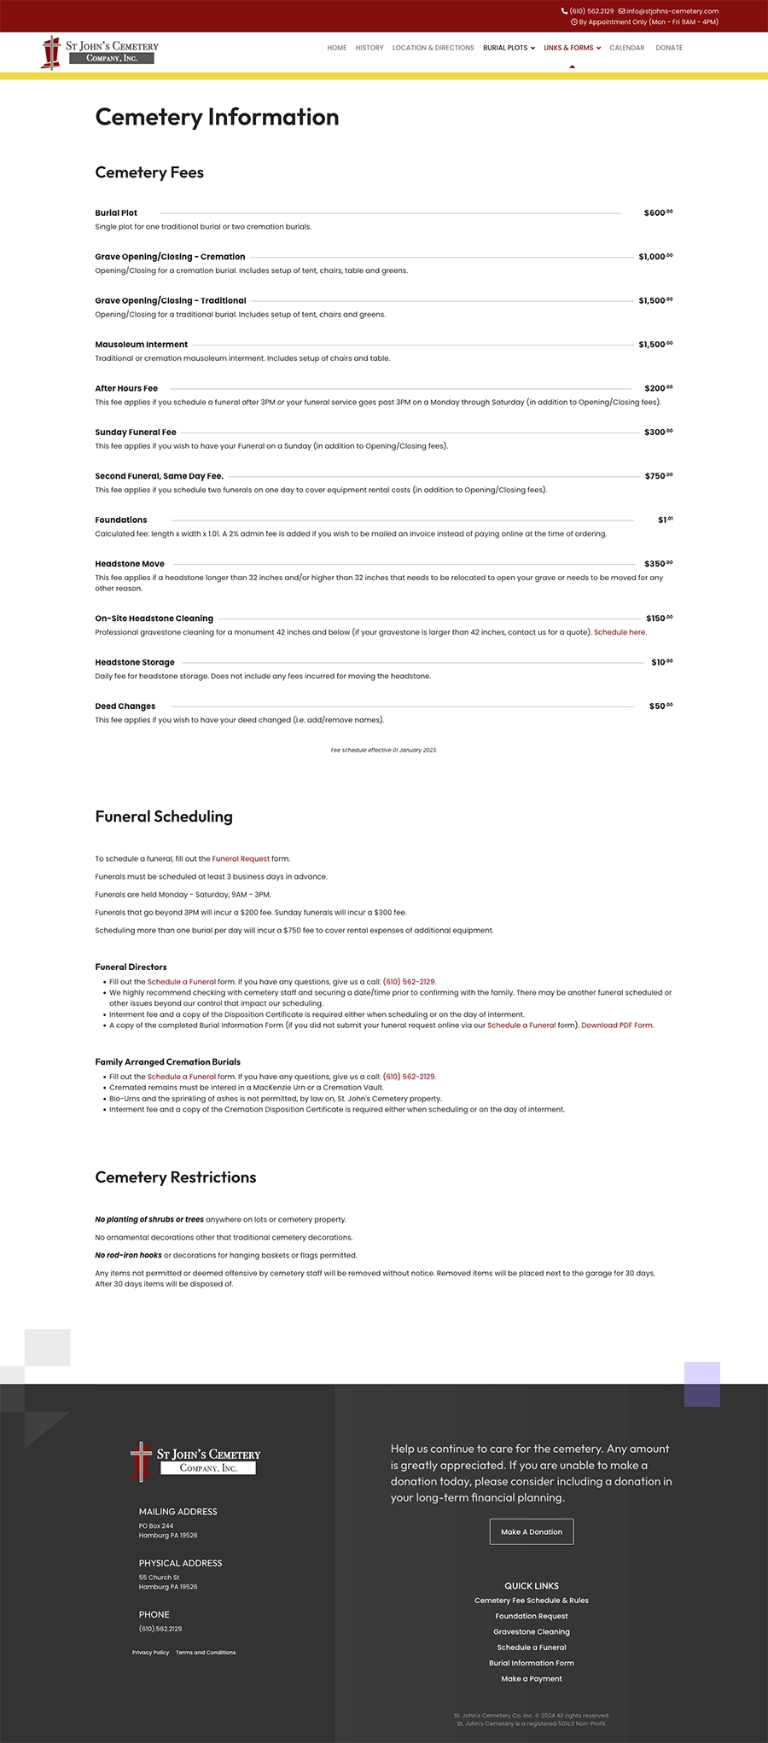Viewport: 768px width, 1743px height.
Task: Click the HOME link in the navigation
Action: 337,48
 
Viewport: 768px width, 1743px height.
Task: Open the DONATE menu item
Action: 669,48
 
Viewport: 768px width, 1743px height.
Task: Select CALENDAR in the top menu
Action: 627,48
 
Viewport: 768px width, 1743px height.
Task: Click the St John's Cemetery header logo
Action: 101,51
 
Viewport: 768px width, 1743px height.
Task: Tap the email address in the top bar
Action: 672,11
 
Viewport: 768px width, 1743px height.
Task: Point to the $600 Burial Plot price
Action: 658,212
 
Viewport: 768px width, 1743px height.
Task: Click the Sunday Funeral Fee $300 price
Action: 658,432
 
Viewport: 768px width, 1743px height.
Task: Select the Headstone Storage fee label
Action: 135,662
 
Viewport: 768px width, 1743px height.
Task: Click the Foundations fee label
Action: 121,520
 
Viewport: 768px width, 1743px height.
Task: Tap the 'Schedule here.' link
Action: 620,632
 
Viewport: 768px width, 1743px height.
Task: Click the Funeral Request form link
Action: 241,858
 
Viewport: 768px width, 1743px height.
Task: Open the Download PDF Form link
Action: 618,1025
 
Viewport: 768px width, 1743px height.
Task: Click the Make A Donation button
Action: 532,1531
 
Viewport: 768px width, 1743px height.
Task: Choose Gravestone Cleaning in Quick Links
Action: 532,1631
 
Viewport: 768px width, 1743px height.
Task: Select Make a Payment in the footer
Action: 532,1678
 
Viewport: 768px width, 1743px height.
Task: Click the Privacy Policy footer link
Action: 150,1653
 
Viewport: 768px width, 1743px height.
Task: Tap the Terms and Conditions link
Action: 206,1653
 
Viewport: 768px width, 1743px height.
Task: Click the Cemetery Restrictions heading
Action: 176,1177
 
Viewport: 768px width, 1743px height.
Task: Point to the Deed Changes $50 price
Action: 660,706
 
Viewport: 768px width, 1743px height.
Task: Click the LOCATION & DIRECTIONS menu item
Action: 433,48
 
